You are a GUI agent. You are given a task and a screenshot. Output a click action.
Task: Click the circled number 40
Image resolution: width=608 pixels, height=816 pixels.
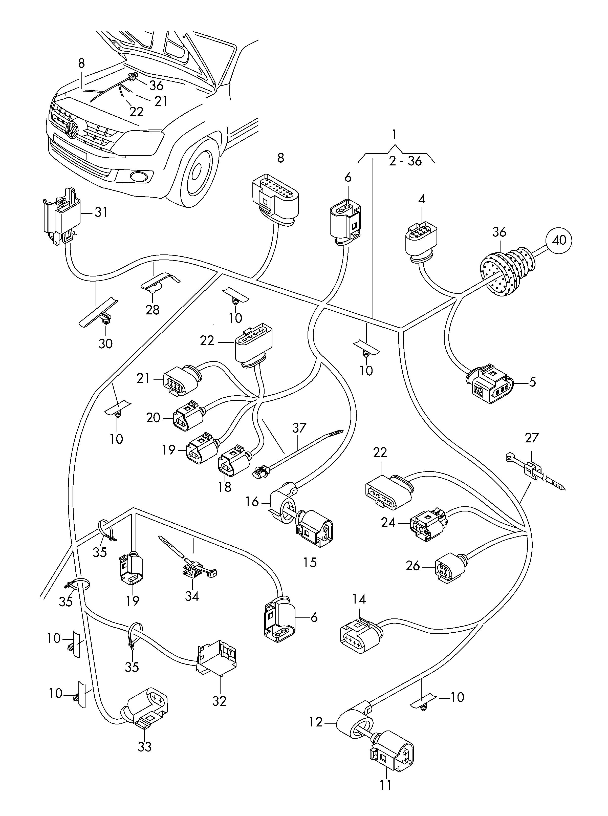559,241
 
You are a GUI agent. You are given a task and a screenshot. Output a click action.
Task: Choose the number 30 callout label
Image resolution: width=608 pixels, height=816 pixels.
105,344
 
